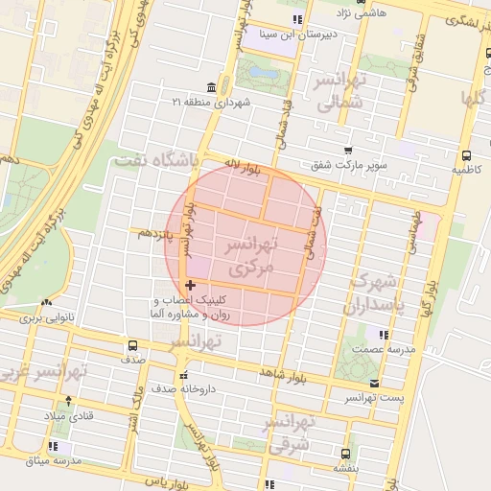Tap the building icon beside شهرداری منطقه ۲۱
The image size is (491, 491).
pos(211,88)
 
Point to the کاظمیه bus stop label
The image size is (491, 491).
pos(465,169)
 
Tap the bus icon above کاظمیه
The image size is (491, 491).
pos(466,155)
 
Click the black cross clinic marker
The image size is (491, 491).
pos(190,285)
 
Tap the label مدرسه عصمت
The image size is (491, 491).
pos(384,349)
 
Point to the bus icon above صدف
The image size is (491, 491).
pos(132,345)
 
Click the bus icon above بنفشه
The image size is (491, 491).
pos(345,455)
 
